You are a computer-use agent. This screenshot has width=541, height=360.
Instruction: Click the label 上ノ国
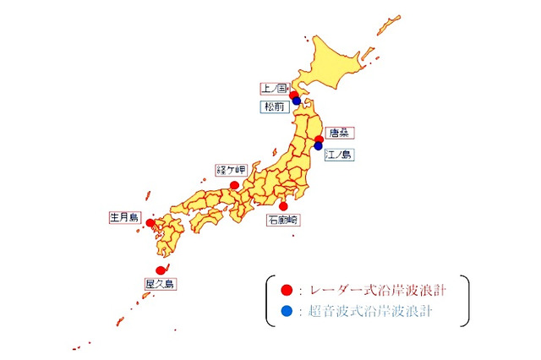pos(274,87)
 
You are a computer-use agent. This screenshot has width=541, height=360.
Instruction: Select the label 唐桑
pos(339,133)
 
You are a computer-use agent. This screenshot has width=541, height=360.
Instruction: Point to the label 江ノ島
pos(340,155)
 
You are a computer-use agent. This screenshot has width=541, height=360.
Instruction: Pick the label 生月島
pos(123,217)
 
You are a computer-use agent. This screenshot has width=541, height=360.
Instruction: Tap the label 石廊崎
pos(283,220)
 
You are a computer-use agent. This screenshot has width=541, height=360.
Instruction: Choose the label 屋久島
pos(159,285)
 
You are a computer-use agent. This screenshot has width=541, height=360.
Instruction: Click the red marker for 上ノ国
pos(293,95)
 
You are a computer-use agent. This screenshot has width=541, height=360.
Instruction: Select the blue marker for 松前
pos(296,102)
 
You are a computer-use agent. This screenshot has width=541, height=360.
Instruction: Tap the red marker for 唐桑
pos(319,139)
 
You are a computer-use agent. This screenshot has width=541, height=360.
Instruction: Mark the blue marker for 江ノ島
pos(318,146)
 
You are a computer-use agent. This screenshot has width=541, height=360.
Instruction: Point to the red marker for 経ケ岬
pos(234,184)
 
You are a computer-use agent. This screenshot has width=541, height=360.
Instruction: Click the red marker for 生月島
pos(150,223)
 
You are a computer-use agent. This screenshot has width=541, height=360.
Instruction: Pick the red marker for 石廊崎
pos(283,205)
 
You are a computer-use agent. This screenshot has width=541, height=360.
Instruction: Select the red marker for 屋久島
pos(161,270)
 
